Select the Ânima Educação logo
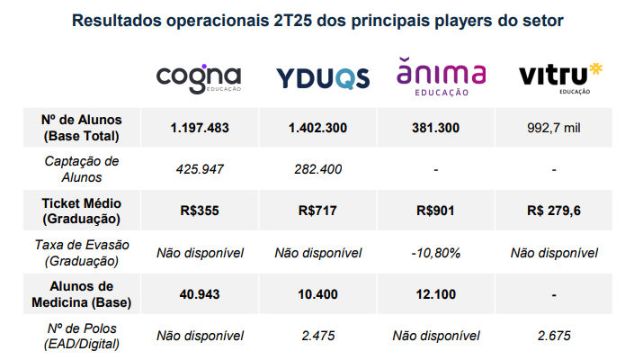[x=441, y=76]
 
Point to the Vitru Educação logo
[x=559, y=77]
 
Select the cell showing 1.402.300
[x=317, y=128]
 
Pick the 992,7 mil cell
[x=554, y=128]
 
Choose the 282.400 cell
[x=317, y=168]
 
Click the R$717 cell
[x=317, y=211]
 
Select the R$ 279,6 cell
[x=554, y=211]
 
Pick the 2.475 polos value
[x=317, y=336]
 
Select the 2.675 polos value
[x=554, y=336]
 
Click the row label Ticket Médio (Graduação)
[x=82, y=211]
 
